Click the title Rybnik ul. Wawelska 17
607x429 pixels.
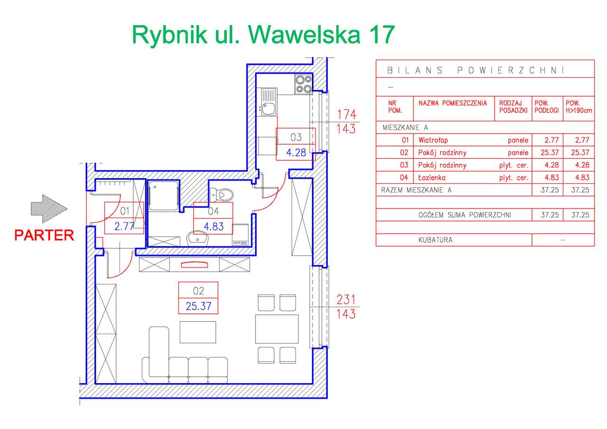coord(263,35)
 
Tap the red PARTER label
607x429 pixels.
coord(44,235)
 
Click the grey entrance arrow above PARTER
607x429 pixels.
coord(49,208)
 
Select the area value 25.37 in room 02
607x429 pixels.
coord(198,306)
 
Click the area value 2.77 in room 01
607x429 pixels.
coord(124,226)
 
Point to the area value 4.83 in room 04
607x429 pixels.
coord(213,226)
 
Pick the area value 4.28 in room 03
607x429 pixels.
coord(296,152)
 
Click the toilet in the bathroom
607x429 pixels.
coord(222,194)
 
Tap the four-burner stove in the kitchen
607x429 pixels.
coord(303,84)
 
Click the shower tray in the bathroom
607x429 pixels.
coord(164,195)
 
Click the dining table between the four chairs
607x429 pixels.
coord(276,328)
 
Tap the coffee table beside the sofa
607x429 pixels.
coord(198,331)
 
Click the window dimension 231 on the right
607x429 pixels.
coord(346,299)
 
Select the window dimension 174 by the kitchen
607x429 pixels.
coord(346,114)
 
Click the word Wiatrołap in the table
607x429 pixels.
coord(433,140)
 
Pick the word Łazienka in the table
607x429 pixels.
coord(432,178)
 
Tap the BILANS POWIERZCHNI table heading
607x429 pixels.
coord(475,71)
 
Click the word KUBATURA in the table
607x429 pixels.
coord(435,240)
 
